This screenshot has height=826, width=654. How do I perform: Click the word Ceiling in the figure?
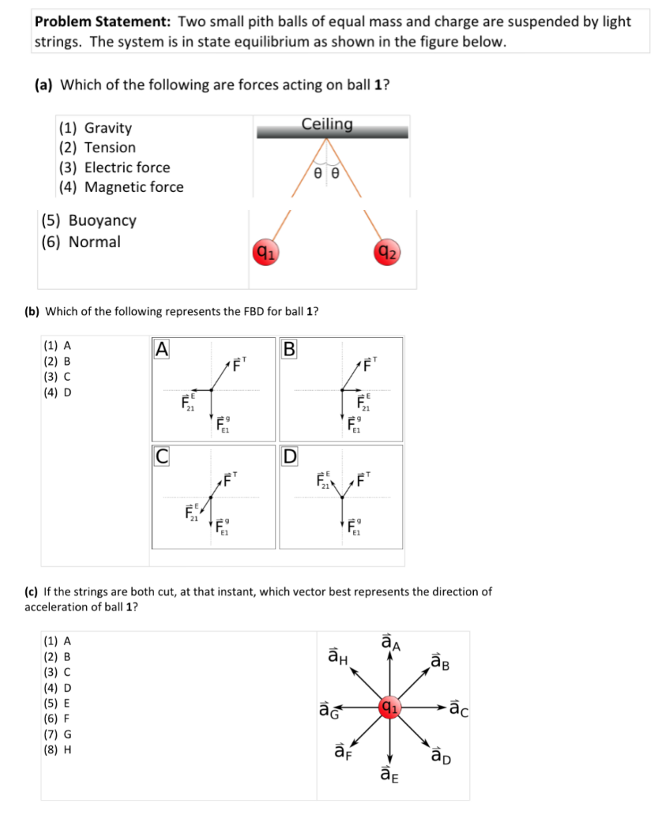(x=327, y=124)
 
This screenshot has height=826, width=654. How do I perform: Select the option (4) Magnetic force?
(x=121, y=187)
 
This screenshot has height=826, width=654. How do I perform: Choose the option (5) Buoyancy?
(x=88, y=220)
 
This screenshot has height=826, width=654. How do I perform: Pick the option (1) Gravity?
(x=96, y=128)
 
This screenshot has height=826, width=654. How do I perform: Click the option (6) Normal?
(x=81, y=242)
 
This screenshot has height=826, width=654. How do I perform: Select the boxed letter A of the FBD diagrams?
(x=161, y=347)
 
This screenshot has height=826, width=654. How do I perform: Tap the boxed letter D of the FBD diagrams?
(x=290, y=456)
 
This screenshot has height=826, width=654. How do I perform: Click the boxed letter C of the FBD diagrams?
(x=161, y=456)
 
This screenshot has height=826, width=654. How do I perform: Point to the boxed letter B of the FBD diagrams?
(x=290, y=347)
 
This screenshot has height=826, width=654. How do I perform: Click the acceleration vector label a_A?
(x=390, y=643)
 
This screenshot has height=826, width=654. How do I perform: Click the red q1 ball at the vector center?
(x=389, y=704)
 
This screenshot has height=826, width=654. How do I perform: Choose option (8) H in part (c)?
(x=60, y=748)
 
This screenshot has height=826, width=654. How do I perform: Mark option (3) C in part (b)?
(x=59, y=376)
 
